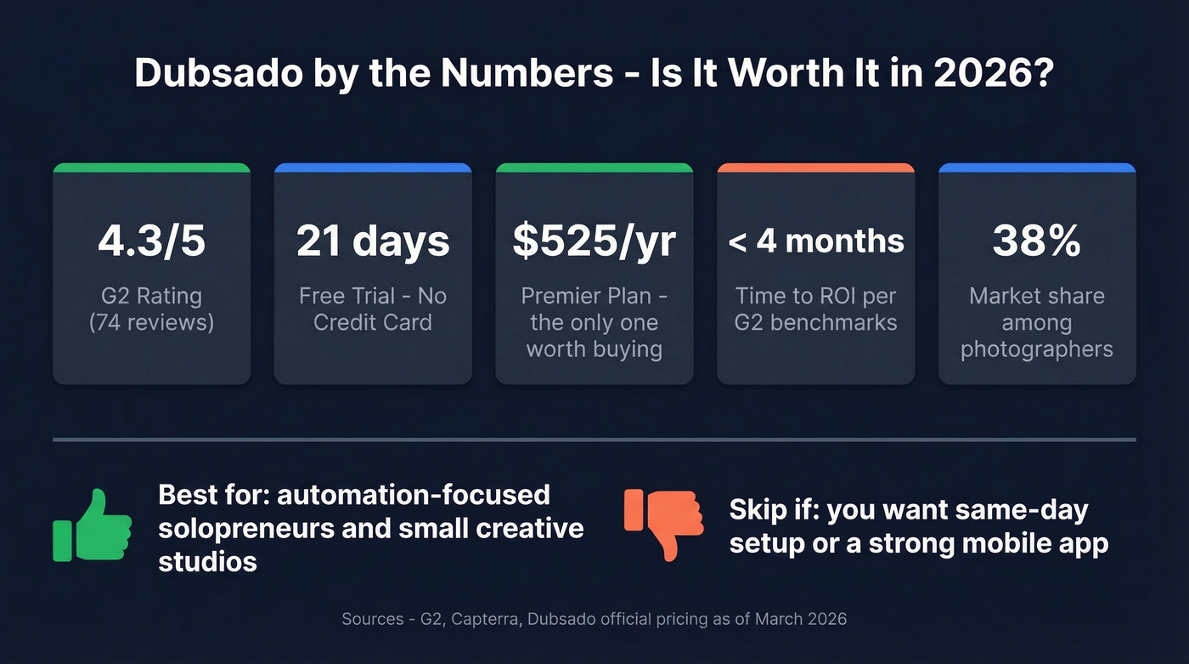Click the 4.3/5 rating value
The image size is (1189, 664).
pyautogui.click(x=151, y=241)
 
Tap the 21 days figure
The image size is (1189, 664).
pyautogui.click(x=373, y=241)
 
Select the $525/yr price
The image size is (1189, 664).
pyautogui.click(x=594, y=241)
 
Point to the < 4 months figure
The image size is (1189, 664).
pyautogui.click(x=815, y=241)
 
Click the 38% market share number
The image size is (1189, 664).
pyautogui.click(x=1037, y=241)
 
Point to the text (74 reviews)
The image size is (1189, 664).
pyautogui.click(x=151, y=322)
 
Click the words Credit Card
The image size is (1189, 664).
pyautogui.click(x=373, y=322)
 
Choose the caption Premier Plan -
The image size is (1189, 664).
pyautogui.click(x=594, y=296)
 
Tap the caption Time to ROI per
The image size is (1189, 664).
pyautogui.click(x=815, y=296)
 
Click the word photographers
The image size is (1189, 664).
pyautogui.click(x=1037, y=349)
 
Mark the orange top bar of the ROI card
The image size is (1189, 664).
pyautogui.click(x=815, y=168)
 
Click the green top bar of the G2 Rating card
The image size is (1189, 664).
pyautogui.click(x=151, y=168)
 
